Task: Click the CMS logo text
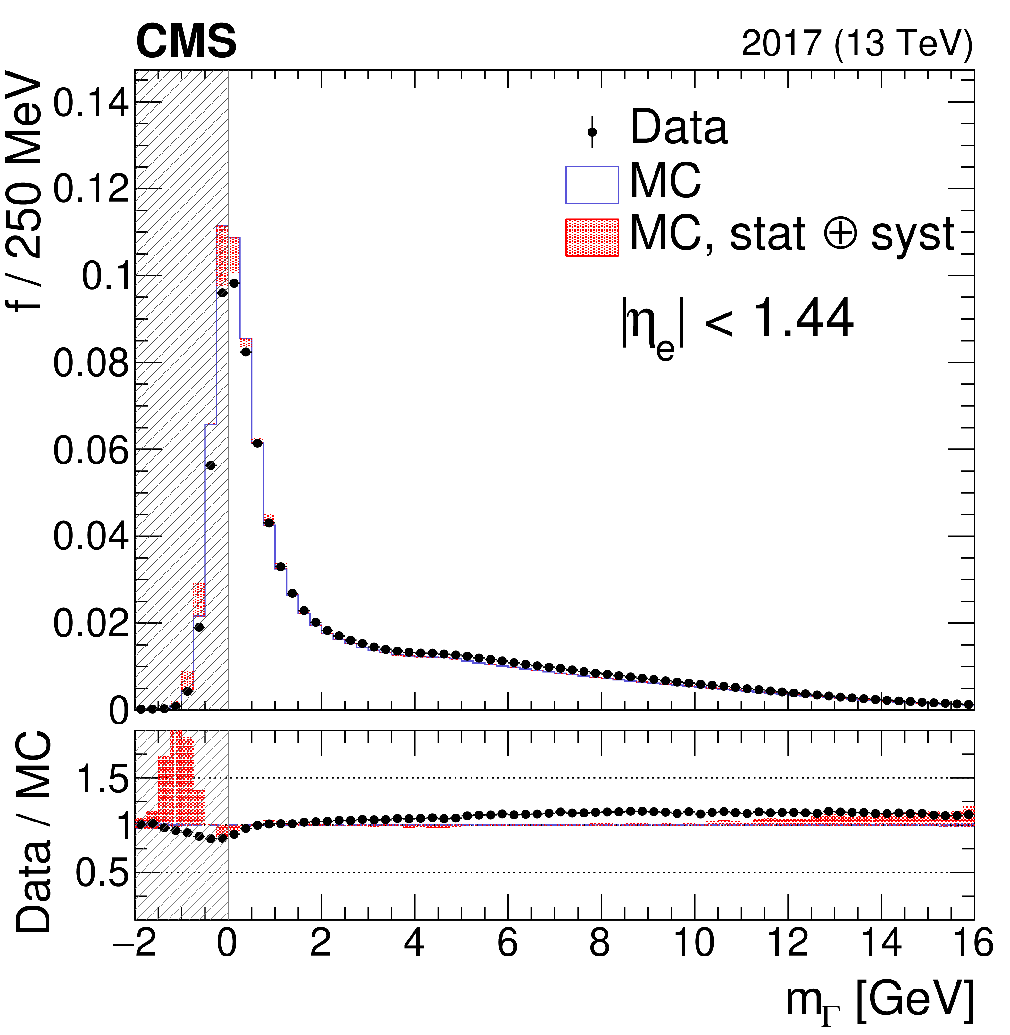tap(186, 41)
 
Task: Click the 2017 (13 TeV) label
tap(857, 44)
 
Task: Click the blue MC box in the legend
tap(592, 185)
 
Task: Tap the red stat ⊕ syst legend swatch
tap(592, 237)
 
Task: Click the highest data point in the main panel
tap(234, 283)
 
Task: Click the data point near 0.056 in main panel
tap(211, 465)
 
